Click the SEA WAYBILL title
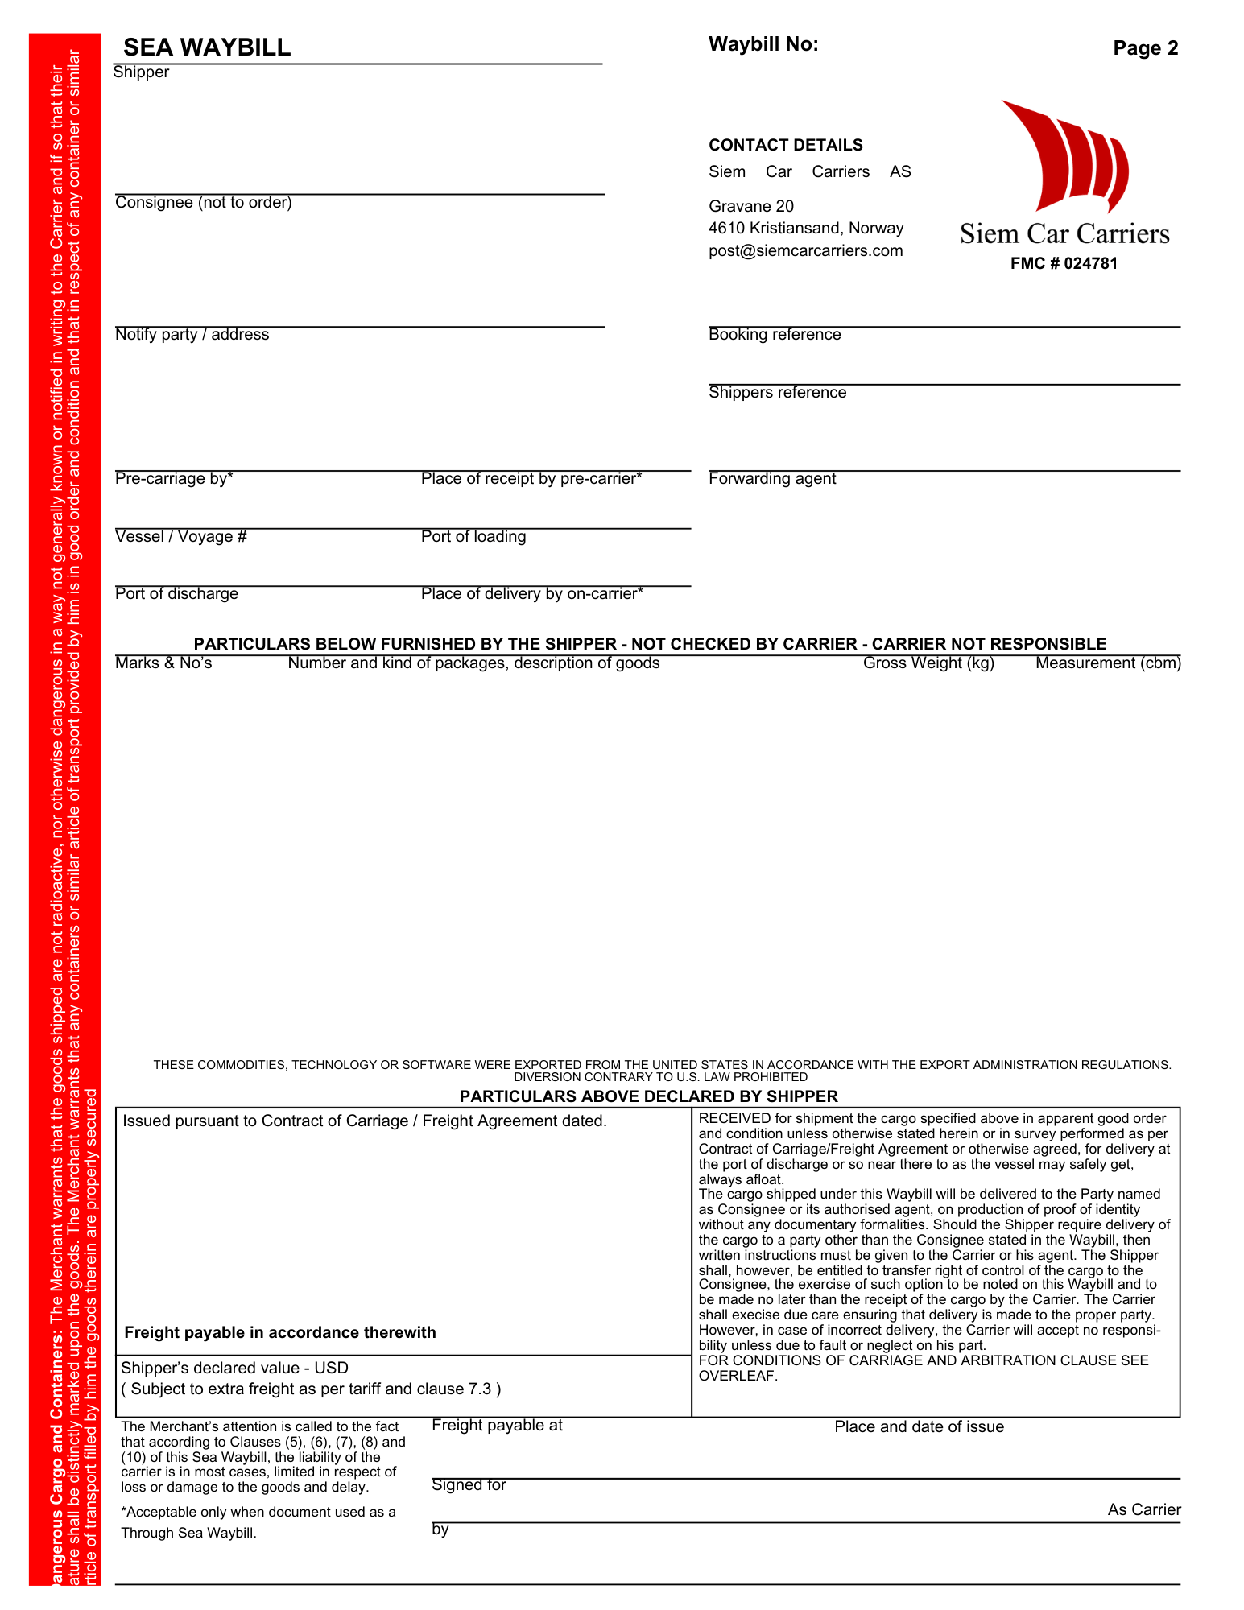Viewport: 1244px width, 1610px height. tap(207, 47)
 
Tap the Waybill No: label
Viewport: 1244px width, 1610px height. tap(763, 44)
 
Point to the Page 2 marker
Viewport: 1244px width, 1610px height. tap(1145, 48)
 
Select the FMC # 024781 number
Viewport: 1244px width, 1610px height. tap(1064, 263)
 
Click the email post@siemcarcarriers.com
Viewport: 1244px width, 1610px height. tap(805, 250)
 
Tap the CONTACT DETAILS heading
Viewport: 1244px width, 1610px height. tap(785, 145)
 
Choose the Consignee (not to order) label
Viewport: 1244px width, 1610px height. tap(204, 203)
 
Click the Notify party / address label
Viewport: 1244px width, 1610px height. tap(192, 335)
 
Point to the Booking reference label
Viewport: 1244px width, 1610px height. tap(775, 335)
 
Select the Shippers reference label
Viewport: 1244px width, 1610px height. tap(777, 393)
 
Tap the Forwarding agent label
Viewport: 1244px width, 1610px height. tap(772, 479)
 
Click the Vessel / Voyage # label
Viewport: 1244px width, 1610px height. tap(181, 537)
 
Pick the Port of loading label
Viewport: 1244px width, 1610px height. tap(473, 537)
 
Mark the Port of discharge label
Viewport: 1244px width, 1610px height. tap(176, 594)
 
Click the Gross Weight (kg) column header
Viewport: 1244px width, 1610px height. tap(928, 663)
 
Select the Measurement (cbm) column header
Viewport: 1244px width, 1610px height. tap(1108, 663)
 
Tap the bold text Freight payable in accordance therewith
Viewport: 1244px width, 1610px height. tap(280, 1332)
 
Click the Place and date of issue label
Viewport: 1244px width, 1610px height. tap(919, 1427)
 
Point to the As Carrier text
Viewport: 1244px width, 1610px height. tap(1143, 1509)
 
